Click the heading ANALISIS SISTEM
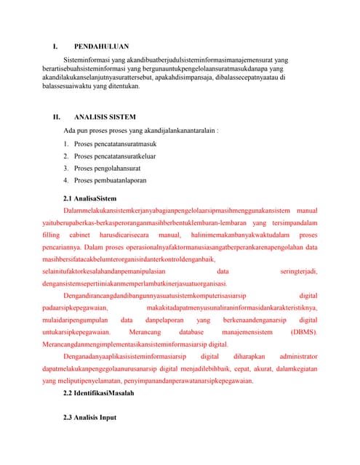click(x=105, y=116)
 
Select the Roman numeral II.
click(x=55, y=116)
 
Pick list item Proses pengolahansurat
click(x=105, y=168)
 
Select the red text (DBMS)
click(x=303, y=331)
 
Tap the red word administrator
click(x=298, y=357)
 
